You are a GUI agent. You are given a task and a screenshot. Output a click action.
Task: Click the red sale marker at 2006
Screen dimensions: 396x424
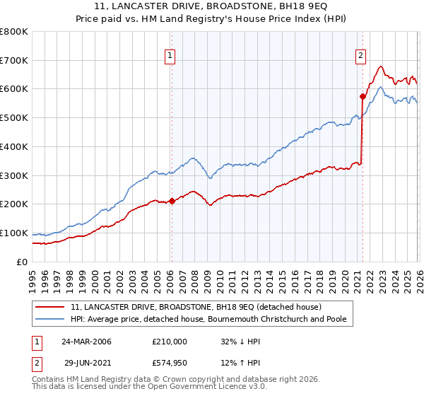(x=172, y=201)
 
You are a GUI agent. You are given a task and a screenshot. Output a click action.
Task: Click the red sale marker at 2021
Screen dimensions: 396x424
(x=363, y=96)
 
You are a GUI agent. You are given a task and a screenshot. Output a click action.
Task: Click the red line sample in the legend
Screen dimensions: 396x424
(x=51, y=308)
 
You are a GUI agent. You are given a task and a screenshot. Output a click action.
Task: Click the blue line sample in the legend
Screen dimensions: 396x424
(x=51, y=320)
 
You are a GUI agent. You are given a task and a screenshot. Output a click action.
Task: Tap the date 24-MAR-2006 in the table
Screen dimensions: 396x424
(x=86, y=341)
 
